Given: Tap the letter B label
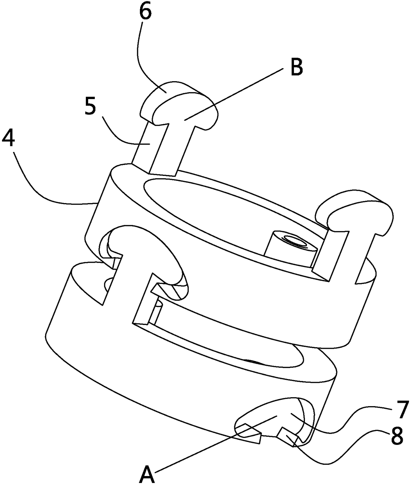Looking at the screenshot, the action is [x=296, y=68].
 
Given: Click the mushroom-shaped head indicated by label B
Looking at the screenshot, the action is [x=186, y=109].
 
